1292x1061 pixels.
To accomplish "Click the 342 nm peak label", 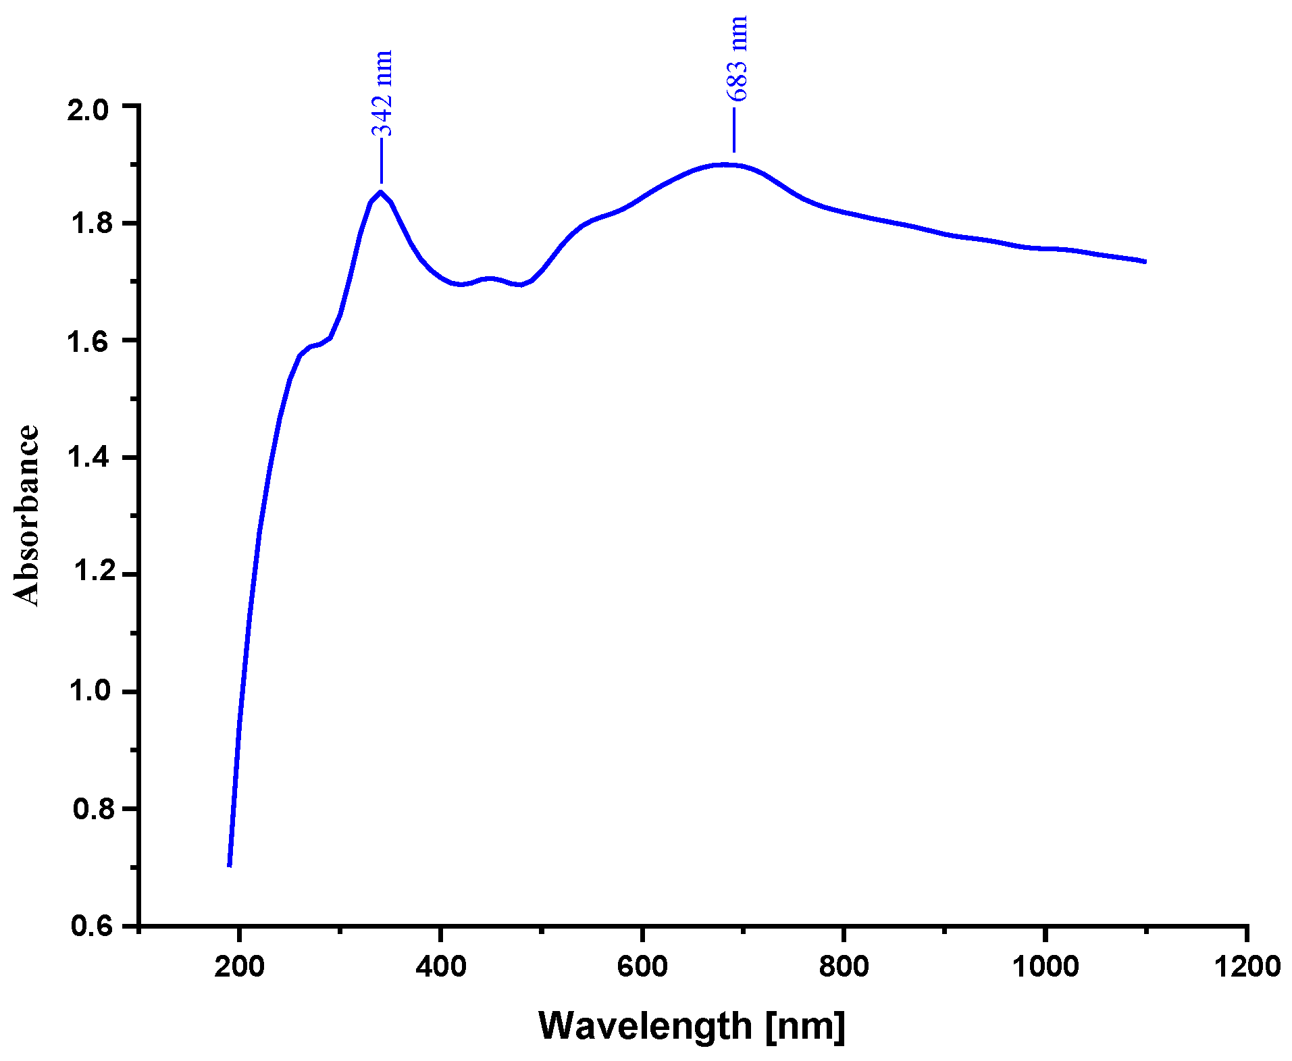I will [382, 93].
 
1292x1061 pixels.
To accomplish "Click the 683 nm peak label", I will [738, 58].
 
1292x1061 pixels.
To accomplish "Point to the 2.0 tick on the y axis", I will [88, 110].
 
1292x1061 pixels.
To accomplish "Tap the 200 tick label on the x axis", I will [239, 966].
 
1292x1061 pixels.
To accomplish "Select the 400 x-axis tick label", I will [440, 966].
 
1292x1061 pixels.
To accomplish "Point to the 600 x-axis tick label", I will [642, 966].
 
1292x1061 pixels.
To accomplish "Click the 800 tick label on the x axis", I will [844, 966].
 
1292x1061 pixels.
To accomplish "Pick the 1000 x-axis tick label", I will [1045, 966].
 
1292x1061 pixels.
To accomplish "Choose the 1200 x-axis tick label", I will [1247, 966].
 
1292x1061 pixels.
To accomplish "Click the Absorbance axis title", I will [27, 515].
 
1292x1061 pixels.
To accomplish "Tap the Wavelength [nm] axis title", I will [692, 1026].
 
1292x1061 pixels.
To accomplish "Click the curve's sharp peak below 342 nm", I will [381, 192].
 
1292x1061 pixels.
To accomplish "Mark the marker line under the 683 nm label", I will [734, 130].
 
